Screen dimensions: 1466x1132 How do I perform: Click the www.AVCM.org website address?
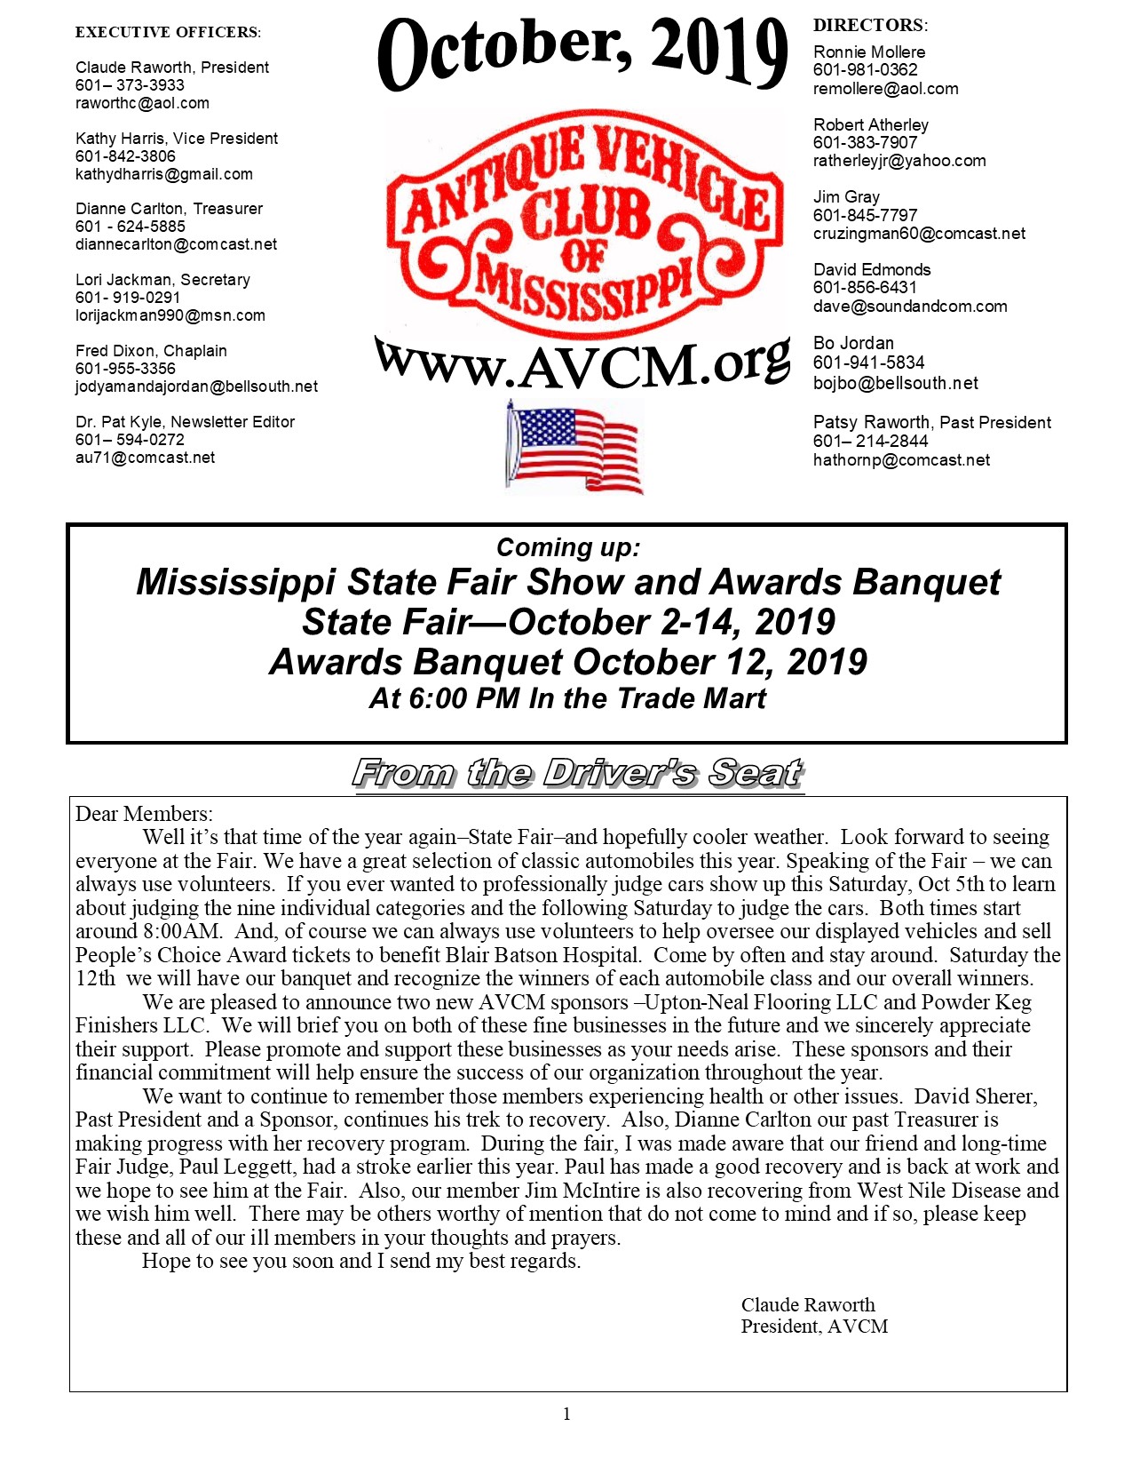582,363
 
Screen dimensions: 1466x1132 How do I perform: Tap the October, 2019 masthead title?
582,53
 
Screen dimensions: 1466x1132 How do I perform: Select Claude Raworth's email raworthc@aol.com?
142,103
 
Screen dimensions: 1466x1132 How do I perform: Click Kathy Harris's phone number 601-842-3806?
125,156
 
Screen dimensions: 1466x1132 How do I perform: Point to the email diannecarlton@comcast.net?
176,244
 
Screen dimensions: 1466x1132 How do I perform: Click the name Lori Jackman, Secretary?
162,280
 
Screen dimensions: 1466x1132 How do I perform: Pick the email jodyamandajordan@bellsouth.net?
196,386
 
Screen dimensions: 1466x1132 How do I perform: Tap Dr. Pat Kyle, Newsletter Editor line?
185,422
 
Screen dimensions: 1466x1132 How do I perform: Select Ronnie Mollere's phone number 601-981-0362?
865,70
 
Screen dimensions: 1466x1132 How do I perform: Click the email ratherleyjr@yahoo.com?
899,161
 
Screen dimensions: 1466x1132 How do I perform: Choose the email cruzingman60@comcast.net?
919,234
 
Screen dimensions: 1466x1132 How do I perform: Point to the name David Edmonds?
872,269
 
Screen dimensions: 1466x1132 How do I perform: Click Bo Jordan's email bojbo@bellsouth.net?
895,383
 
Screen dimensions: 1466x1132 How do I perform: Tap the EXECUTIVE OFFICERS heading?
168,32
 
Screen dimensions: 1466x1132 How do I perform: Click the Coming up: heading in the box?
567,547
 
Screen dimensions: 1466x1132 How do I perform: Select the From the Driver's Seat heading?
578,773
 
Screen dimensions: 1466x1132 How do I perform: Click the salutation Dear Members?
144,814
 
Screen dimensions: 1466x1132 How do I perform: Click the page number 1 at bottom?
566,1414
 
